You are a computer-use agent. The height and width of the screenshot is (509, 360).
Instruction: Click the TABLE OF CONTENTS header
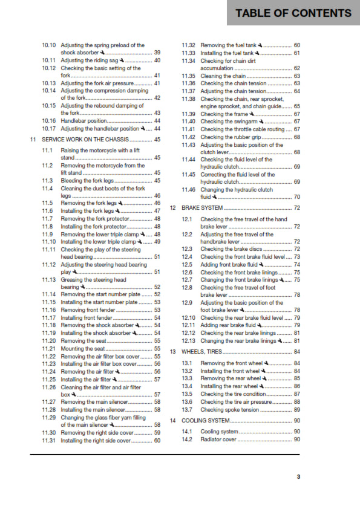293,13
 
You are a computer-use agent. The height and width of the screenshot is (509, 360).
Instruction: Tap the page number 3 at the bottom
298,476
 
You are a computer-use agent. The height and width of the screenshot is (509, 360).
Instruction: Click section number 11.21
48,349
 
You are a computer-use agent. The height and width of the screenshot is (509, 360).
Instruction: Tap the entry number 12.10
189,317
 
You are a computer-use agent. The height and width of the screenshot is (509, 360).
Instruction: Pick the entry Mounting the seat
82,349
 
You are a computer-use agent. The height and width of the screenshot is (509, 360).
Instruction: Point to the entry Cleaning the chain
223,76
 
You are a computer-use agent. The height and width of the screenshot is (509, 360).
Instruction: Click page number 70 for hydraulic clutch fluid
296,197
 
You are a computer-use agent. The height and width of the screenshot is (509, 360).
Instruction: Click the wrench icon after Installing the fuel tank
260,53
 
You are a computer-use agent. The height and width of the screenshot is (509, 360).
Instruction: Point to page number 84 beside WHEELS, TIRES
296,351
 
